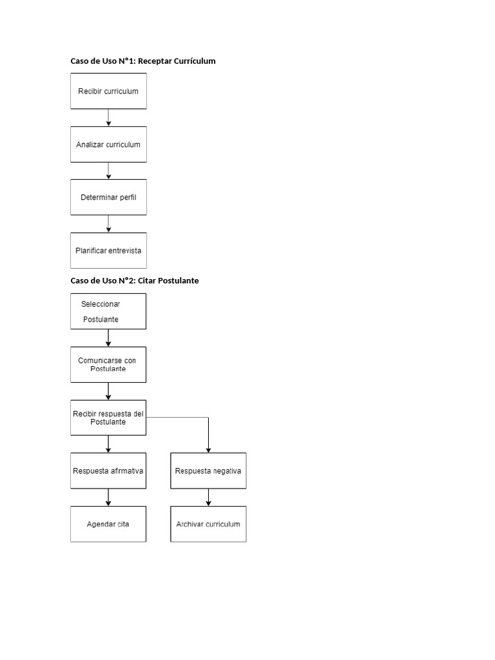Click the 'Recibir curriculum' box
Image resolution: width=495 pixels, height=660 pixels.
click(x=108, y=91)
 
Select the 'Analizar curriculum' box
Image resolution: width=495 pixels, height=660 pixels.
click(x=108, y=144)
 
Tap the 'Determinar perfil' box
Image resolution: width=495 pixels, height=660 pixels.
click(x=108, y=197)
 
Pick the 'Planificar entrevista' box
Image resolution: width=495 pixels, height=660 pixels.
click(x=108, y=250)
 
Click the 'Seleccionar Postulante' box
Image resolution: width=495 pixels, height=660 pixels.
click(x=108, y=311)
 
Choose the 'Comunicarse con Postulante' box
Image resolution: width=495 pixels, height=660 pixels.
click(x=108, y=365)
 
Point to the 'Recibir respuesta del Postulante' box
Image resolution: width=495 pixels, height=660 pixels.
click(x=108, y=417)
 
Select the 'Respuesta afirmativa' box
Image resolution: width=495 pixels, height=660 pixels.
click(x=108, y=471)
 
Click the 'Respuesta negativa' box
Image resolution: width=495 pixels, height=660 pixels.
click(x=208, y=471)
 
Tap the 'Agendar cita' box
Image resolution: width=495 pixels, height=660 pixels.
click(x=108, y=524)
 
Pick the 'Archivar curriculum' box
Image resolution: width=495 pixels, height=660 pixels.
click(x=208, y=524)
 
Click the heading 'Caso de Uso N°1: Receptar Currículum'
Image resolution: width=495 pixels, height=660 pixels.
click(x=143, y=61)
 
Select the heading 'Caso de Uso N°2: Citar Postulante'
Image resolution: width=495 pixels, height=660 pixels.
click(x=135, y=281)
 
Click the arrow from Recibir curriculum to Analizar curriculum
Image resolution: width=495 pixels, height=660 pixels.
click(x=108, y=117)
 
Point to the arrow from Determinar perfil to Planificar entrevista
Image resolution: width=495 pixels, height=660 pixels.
click(x=108, y=224)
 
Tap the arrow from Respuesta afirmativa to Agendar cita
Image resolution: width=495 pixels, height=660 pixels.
click(x=108, y=497)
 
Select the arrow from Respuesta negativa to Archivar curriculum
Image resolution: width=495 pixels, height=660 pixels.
click(x=208, y=497)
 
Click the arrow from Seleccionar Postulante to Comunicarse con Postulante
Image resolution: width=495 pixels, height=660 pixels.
click(x=108, y=338)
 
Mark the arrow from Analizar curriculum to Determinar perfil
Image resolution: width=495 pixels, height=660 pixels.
click(x=108, y=171)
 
